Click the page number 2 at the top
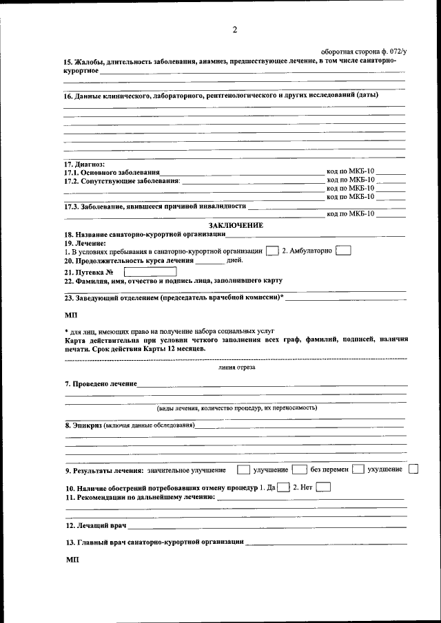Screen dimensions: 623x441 [x=234, y=30]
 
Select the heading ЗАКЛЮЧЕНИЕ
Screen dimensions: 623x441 [x=236, y=225]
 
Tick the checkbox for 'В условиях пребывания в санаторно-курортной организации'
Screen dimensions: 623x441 [x=272, y=251]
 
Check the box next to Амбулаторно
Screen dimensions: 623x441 [x=343, y=251]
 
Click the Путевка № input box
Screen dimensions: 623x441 [x=150, y=271]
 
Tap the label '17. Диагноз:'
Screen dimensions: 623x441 [x=84, y=164]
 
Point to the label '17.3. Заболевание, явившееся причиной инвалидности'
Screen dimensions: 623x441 [x=155, y=206]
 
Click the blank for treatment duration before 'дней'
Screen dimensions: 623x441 [x=210, y=261]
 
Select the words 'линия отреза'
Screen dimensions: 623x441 [x=236, y=368]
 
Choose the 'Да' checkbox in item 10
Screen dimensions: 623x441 [x=283, y=487]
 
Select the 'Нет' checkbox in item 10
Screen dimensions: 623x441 [x=322, y=487]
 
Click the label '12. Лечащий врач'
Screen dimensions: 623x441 [x=96, y=526]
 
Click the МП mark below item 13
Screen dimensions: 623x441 [x=72, y=560]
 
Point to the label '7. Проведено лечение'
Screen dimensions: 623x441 [x=101, y=383]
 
